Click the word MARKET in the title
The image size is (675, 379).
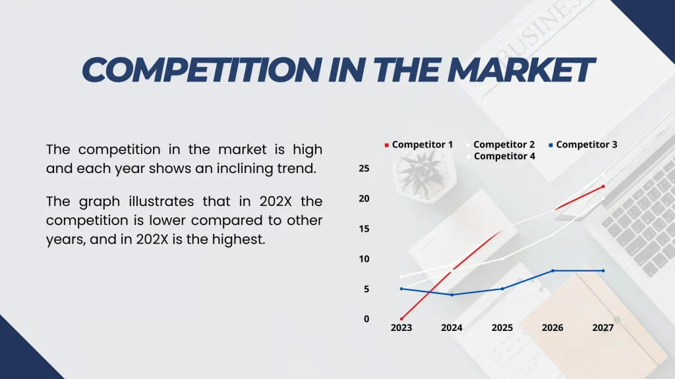pos(521,70)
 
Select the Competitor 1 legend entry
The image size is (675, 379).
pos(422,145)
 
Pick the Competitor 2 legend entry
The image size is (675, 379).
pos(504,145)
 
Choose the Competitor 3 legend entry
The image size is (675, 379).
pos(586,145)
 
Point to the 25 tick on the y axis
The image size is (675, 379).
pos(364,168)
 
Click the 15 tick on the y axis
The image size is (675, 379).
pos(364,229)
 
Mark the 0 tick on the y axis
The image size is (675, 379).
pos(367,319)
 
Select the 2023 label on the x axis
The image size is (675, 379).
pos(401,328)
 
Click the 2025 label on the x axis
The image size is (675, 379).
pos(502,328)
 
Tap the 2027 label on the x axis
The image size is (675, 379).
pos(602,328)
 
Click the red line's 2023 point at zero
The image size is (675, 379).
pos(401,319)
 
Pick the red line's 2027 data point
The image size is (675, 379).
pos(602,186)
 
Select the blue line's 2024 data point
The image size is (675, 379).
pos(452,295)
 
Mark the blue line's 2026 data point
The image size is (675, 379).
pos(552,270)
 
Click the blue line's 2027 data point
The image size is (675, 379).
pos(602,270)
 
